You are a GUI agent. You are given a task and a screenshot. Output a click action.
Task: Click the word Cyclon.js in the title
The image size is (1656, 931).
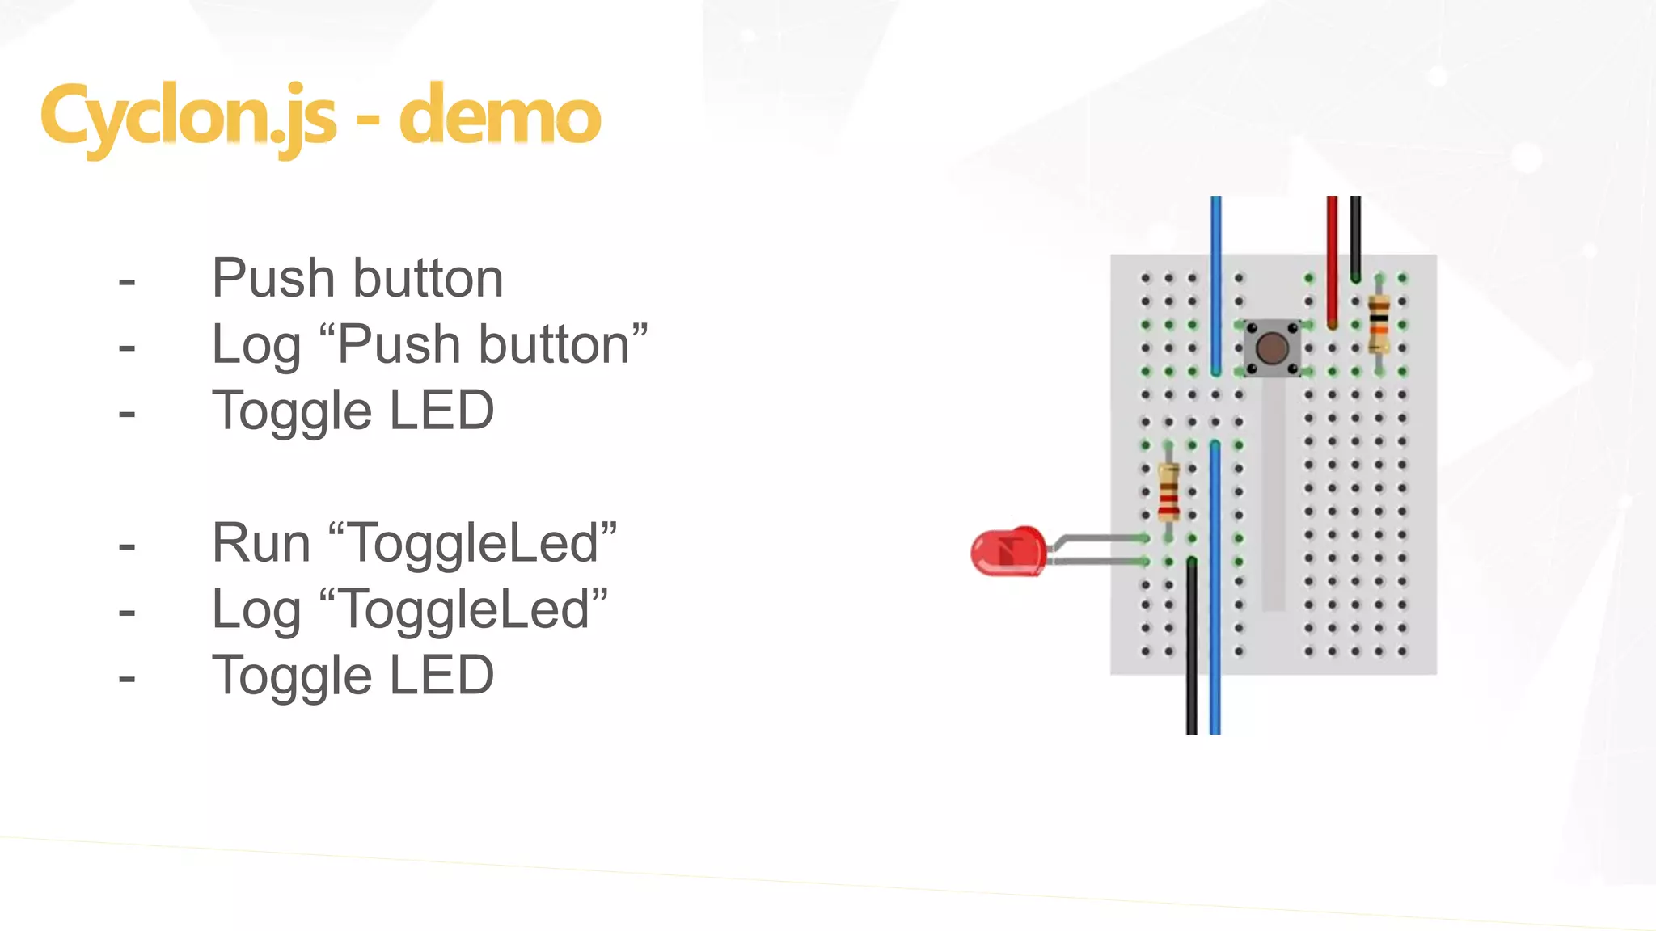188,117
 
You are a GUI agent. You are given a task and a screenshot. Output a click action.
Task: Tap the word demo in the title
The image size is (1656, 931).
500,117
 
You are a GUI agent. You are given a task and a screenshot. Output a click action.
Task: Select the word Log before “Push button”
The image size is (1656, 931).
256,346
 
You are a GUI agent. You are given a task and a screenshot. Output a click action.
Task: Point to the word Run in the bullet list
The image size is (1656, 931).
261,543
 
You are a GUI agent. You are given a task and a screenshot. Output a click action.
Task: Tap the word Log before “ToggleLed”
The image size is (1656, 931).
256,610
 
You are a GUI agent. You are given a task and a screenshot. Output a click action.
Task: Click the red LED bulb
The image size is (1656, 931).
1008,551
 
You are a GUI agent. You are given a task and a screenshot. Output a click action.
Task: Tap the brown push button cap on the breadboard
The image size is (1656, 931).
1272,348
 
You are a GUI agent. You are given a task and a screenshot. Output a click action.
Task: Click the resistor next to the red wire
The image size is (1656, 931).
1379,325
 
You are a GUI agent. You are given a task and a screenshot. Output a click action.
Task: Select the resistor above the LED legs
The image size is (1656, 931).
1168,491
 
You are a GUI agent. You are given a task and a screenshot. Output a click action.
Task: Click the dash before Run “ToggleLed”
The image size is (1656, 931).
127,547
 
